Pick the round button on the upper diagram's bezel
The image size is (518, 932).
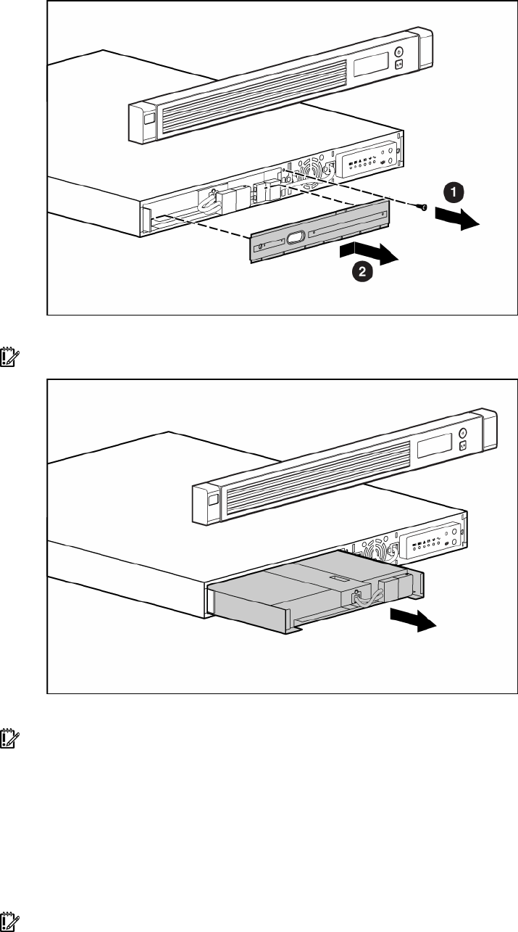(x=398, y=52)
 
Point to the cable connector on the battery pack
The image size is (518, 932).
(x=358, y=599)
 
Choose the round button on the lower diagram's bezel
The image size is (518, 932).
(x=463, y=432)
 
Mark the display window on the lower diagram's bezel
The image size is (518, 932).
(x=433, y=448)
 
